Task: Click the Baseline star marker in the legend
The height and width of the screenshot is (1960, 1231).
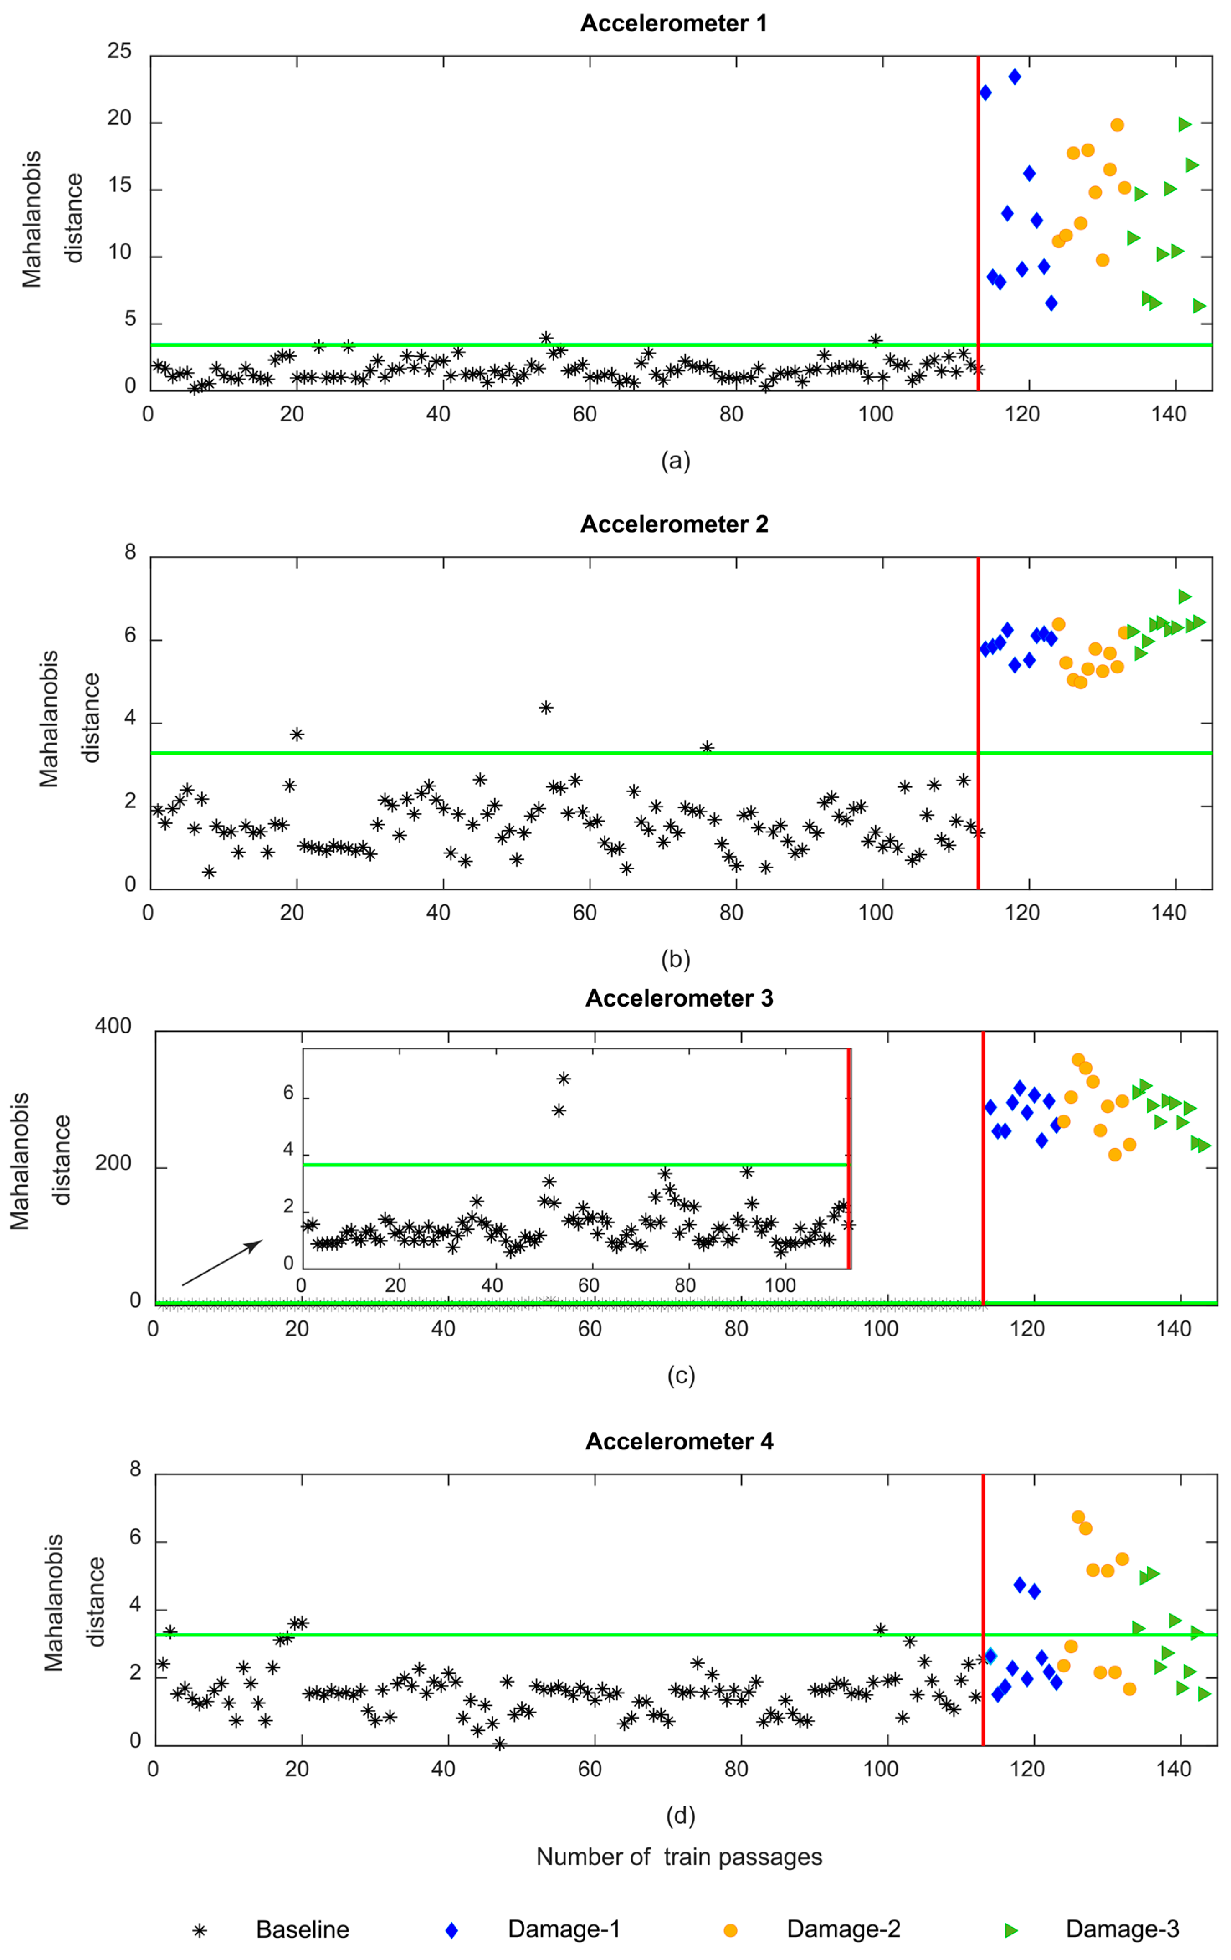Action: pos(199,1930)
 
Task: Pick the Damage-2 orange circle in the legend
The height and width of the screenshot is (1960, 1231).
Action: pos(731,1930)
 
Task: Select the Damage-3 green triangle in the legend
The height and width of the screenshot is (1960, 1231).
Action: pos(1011,1930)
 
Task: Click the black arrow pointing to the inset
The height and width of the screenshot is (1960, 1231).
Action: pos(221,1262)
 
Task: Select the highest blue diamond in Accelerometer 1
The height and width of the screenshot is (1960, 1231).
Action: pos(1015,77)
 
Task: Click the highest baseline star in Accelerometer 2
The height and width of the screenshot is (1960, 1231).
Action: pos(546,707)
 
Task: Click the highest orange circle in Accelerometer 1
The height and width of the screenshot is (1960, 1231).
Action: pos(1117,125)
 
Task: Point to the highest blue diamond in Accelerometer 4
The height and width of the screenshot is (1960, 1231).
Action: pos(1019,1585)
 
